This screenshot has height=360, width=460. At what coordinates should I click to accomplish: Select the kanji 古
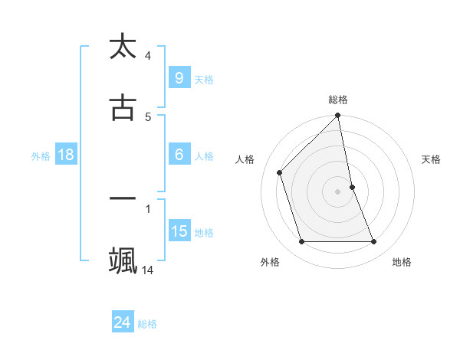[123, 107]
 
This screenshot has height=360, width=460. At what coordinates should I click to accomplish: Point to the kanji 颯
[123, 260]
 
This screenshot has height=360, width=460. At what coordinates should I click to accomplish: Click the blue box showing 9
[179, 77]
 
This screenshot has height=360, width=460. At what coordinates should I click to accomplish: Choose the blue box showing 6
[179, 155]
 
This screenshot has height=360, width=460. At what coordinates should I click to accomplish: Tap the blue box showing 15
[179, 231]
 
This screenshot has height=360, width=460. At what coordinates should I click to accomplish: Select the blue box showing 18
[65, 155]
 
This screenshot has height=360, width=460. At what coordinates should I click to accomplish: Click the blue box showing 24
[122, 322]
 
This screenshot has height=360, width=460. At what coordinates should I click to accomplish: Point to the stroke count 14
[148, 270]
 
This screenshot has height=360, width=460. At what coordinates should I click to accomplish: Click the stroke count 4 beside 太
[148, 55]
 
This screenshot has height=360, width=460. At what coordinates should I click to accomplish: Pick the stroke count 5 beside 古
[148, 116]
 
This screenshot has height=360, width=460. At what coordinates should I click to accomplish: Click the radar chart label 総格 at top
[338, 100]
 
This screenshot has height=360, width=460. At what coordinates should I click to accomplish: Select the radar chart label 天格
[432, 159]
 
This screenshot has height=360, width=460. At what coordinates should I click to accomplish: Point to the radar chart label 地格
[402, 262]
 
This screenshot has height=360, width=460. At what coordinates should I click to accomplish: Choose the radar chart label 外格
[270, 262]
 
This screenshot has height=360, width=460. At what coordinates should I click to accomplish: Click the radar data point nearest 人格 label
[280, 172]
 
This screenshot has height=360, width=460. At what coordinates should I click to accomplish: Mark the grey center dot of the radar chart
[338, 191]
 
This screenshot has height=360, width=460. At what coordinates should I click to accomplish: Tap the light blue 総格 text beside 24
[147, 324]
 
